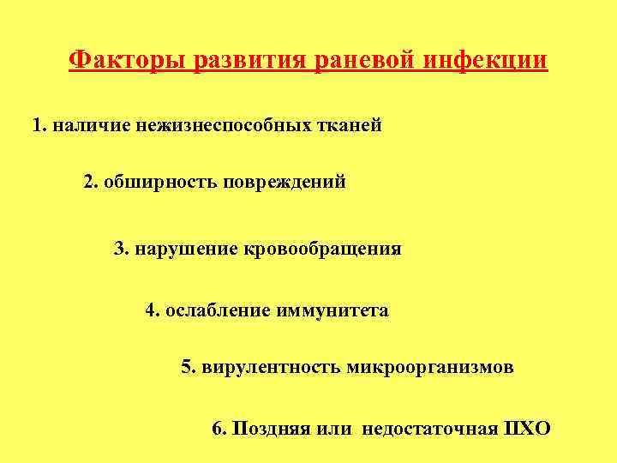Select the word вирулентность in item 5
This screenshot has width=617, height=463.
tap(273, 368)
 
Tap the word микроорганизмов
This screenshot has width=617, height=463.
tap(431, 368)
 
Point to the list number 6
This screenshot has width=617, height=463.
tap(218, 429)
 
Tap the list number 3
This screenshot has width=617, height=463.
tap(121, 249)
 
